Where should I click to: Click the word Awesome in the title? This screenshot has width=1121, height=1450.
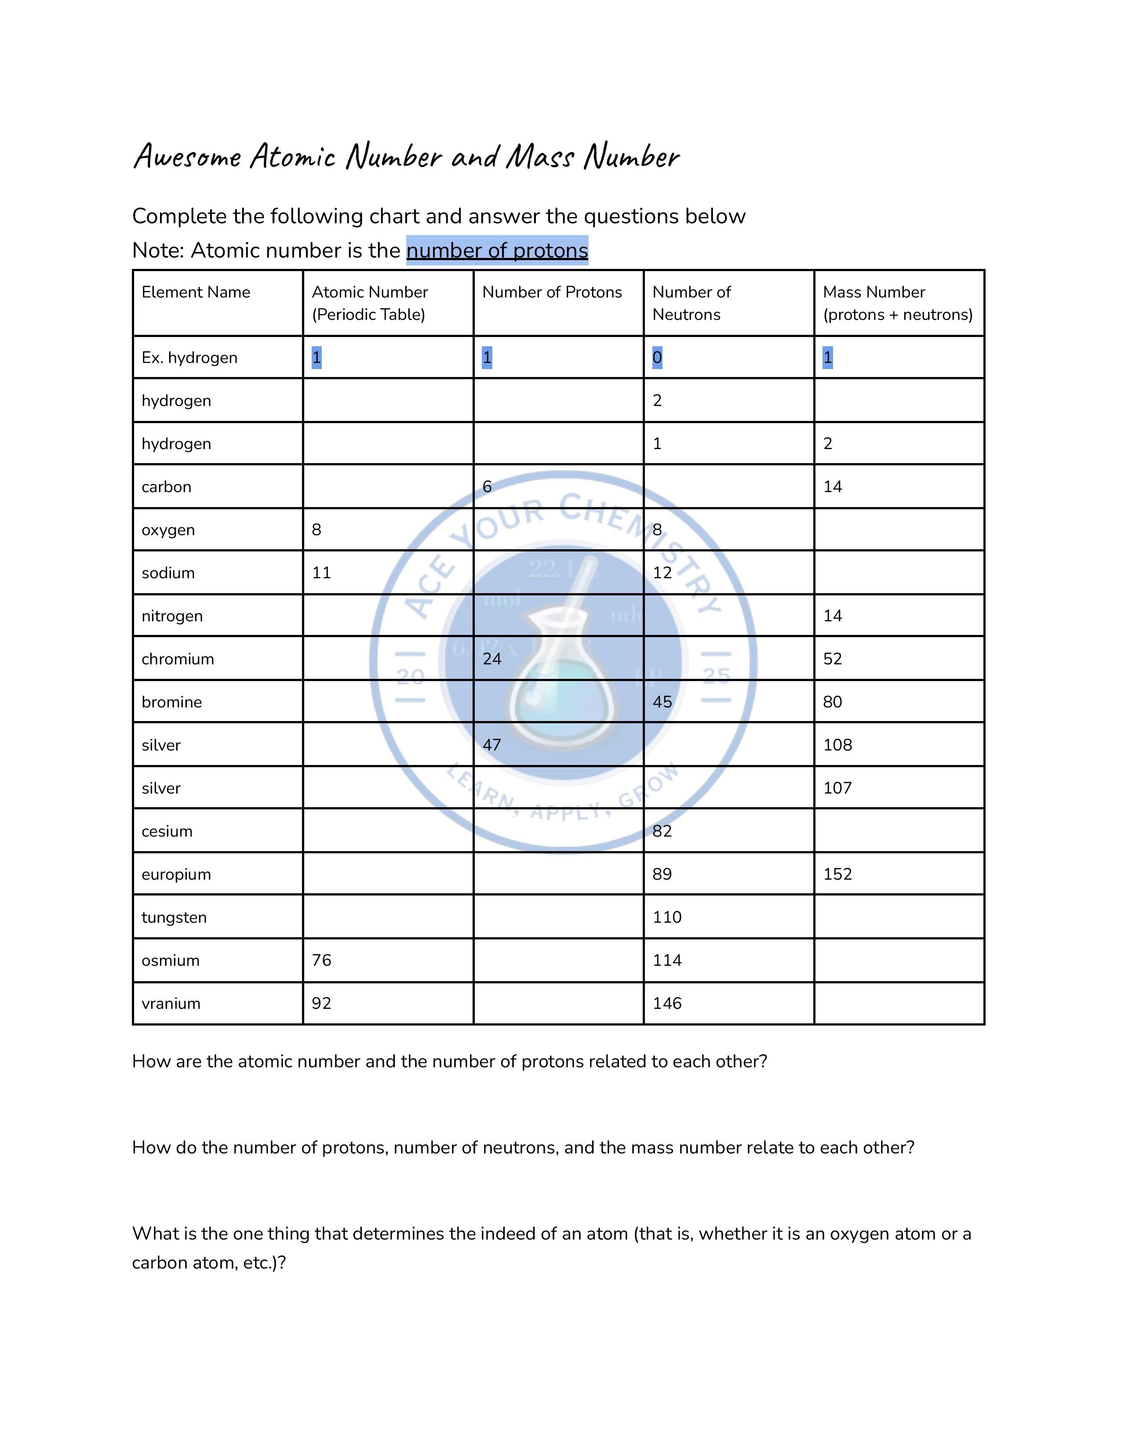coord(187,157)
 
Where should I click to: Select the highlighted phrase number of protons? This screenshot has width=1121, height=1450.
coord(497,250)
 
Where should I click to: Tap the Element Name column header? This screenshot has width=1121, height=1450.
coord(196,292)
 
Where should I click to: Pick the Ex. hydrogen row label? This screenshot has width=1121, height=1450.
coord(189,358)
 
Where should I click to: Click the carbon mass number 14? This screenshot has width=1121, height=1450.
coord(832,487)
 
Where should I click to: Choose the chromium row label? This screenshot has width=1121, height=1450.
coord(178,659)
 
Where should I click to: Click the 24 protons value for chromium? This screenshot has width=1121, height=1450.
coord(491,659)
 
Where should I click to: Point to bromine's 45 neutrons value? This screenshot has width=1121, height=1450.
coord(662,702)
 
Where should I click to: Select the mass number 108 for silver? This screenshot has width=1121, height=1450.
coord(837,745)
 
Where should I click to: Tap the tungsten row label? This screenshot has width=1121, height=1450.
coord(174,917)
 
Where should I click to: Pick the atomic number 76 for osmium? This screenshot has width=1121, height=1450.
coord(321,960)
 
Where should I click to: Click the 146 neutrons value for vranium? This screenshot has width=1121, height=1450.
coord(667,1003)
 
